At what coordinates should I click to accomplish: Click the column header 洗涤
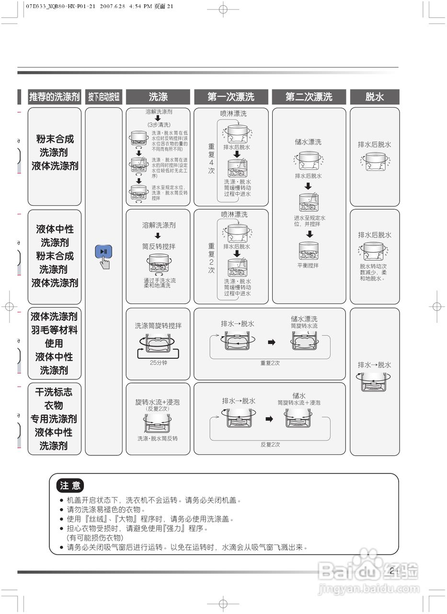[158, 97]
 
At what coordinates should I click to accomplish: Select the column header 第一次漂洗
[231, 97]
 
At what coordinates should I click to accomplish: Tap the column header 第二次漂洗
[309, 97]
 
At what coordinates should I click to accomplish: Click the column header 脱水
[375, 97]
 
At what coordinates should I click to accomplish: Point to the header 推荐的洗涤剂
[54, 97]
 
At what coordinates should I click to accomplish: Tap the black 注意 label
[70, 485]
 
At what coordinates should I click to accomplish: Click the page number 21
[394, 571]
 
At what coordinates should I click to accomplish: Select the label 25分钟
[159, 363]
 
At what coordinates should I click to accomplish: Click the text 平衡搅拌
[308, 265]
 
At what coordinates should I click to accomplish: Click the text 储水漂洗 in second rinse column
[308, 142]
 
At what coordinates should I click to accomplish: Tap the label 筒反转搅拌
[159, 247]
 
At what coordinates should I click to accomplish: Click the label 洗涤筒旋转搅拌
[159, 326]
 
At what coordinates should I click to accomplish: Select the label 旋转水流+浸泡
[158, 402]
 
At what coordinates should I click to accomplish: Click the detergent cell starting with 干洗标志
[54, 418]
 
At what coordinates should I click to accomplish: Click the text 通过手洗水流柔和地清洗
[160, 283]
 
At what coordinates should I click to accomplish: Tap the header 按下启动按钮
[104, 97]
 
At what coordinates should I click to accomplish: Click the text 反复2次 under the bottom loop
[270, 445]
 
